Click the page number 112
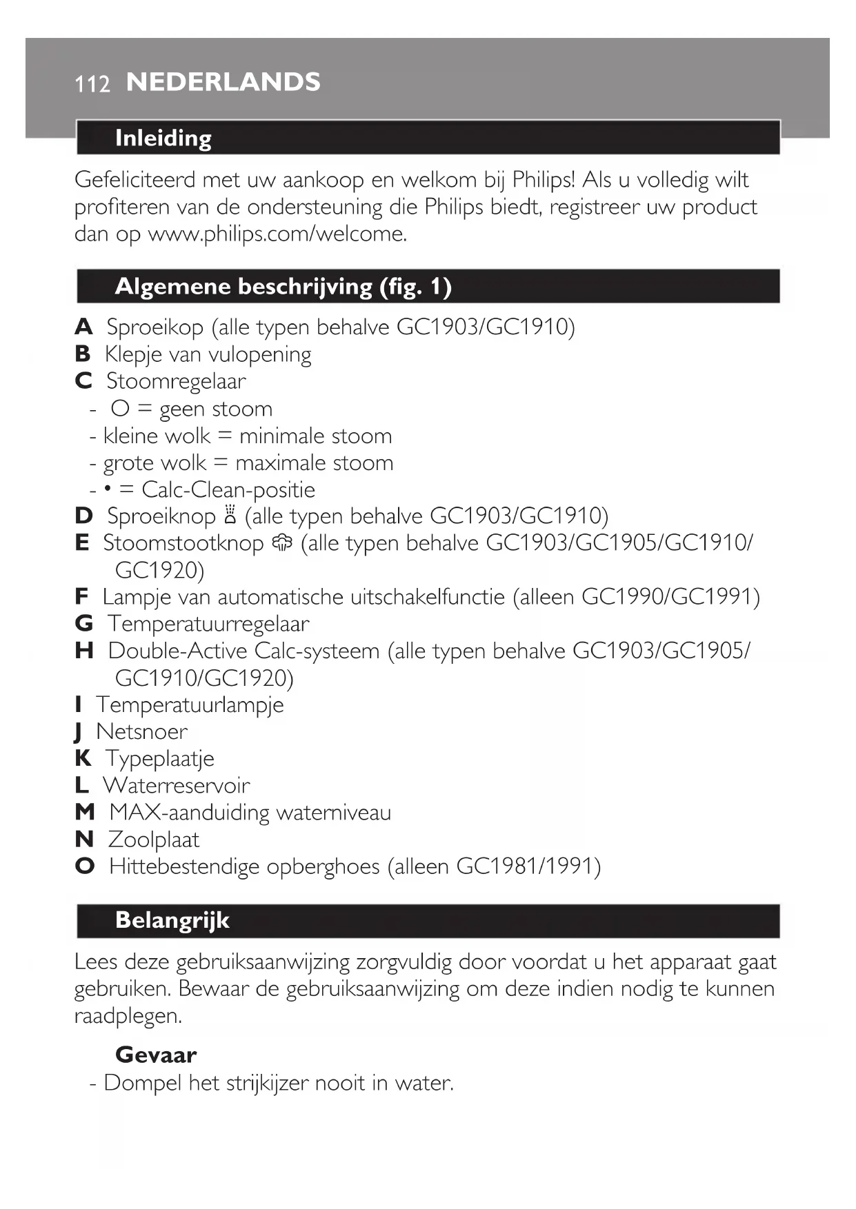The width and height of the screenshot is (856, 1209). coord(92,84)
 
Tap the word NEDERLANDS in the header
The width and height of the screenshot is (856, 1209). coord(223,82)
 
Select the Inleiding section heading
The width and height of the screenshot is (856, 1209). coord(163,138)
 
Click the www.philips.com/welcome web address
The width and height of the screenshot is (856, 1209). coord(277,234)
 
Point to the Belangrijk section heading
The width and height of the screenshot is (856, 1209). coord(172,920)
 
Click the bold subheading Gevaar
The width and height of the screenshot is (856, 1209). coord(156,1055)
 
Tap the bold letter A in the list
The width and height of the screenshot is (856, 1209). coord(83,327)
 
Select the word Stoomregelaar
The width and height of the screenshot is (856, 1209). coord(176,381)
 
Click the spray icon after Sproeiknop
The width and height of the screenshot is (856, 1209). coord(230,516)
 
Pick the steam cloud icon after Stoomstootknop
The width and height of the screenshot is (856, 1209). coord(282,543)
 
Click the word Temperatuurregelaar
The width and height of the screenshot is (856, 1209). coord(208,624)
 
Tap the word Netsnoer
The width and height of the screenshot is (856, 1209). coord(141,731)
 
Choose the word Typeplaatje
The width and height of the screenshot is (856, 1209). coord(159,759)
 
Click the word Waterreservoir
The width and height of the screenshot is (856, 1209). coord(176,786)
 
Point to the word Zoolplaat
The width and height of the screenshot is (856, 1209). coord(154,840)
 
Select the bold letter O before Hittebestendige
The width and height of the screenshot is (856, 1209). coord(85,866)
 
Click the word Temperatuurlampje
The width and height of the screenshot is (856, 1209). coord(190,705)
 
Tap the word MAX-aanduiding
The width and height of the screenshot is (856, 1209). coord(189,813)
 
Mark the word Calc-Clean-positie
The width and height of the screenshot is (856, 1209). coord(228,490)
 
